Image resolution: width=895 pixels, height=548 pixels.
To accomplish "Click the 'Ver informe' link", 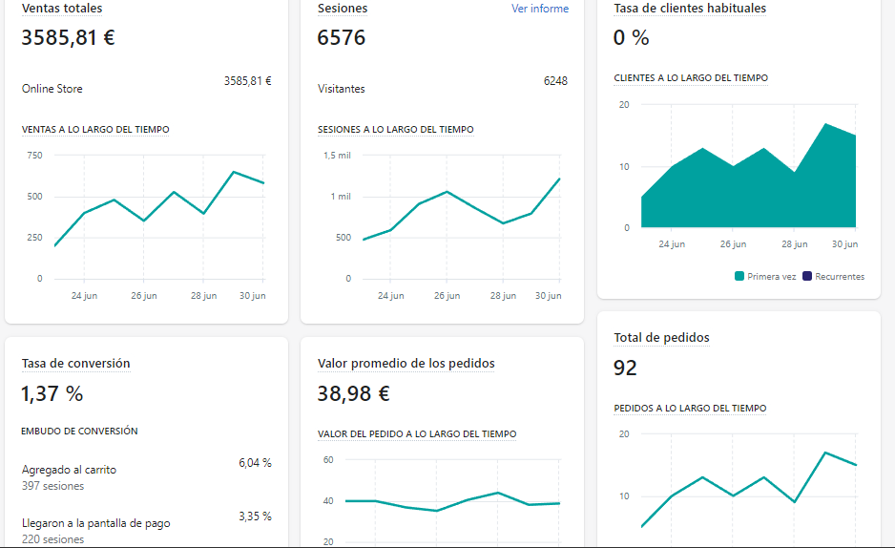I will [539, 9].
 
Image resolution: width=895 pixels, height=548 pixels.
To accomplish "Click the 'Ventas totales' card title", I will [62, 9].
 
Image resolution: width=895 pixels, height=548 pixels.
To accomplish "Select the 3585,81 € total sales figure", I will [68, 38].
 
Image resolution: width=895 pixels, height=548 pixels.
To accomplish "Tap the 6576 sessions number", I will [342, 38].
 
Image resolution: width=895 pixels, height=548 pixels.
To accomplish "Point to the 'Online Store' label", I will [52, 89].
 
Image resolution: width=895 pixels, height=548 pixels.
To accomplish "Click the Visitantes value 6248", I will [555, 81].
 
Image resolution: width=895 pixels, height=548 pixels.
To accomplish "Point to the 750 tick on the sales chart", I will [34, 155].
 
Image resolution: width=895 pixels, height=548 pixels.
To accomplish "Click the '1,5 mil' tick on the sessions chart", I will [337, 155].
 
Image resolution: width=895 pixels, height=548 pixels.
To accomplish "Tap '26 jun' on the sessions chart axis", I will [447, 296].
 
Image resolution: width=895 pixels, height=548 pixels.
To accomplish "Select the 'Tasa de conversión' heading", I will [76, 364].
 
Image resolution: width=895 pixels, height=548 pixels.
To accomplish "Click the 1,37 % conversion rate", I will [52, 393].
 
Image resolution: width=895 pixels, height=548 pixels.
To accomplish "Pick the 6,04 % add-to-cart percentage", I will [255, 463].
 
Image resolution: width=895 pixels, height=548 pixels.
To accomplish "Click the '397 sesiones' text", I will [53, 486].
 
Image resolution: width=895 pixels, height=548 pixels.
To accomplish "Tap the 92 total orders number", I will [626, 368].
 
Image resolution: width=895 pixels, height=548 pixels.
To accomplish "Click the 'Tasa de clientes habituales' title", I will [690, 9].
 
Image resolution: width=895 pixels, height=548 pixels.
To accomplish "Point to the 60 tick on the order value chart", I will [328, 459].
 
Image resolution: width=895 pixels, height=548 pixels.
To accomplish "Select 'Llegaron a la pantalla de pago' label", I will [96, 523].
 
